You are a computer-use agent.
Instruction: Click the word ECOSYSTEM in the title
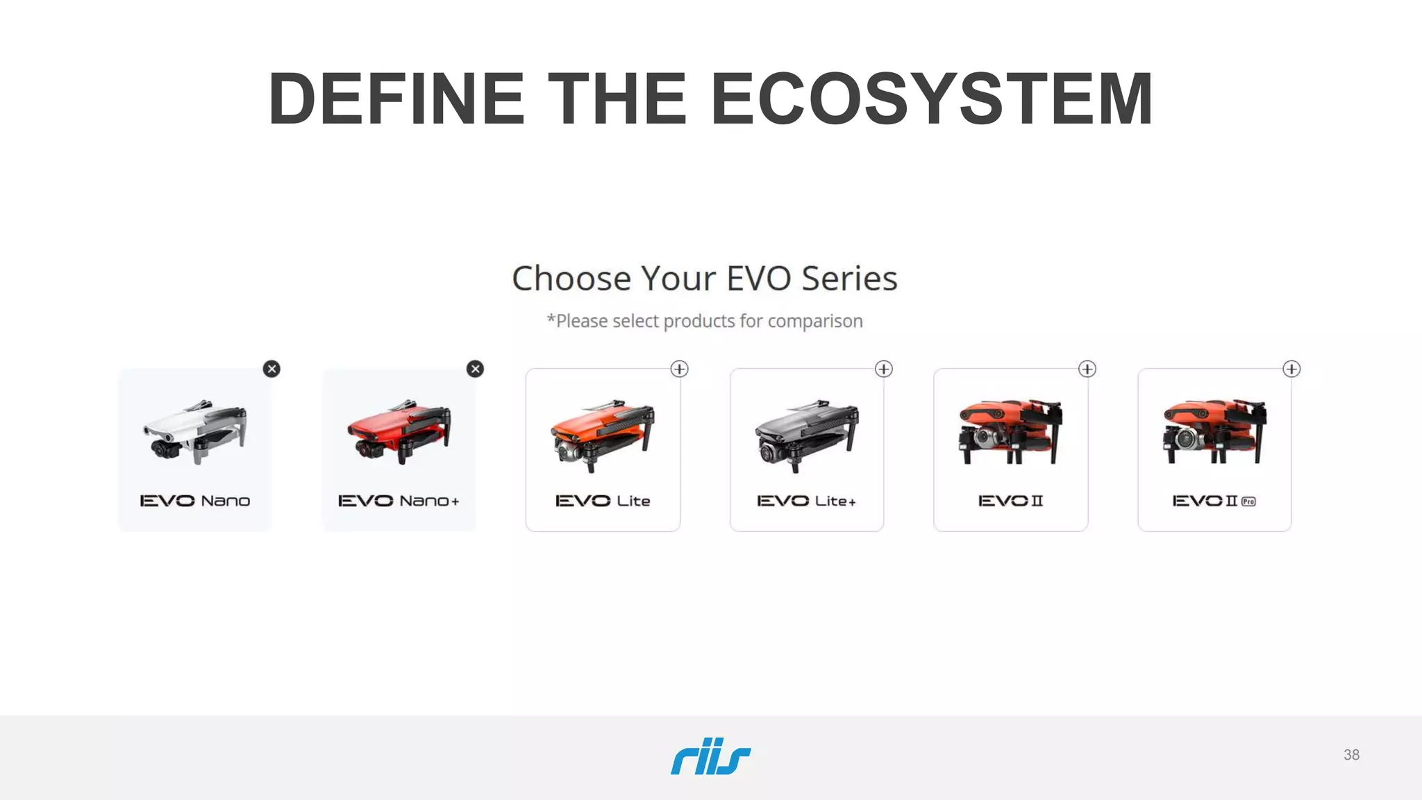(932, 99)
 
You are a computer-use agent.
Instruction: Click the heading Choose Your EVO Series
(705, 278)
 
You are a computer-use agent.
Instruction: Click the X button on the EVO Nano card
(272, 369)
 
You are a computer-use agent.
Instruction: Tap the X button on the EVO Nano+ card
(476, 369)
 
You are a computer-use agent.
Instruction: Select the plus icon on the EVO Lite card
(680, 369)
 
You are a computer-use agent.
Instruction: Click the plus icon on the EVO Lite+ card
(884, 369)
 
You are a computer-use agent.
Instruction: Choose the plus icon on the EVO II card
(1087, 369)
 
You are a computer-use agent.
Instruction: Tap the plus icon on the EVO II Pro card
(1291, 369)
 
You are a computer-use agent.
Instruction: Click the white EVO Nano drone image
(195, 431)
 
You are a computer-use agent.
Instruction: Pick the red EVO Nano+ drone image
(399, 431)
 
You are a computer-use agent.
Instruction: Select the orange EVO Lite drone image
(603, 434)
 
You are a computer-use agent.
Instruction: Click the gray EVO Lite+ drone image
(807, 434)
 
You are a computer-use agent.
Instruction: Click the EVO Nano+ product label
(399, 501)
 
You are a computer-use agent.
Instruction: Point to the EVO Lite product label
(603, 501)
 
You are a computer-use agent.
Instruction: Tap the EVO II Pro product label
(1214, 501)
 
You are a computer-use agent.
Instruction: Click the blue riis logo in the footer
(710, 756)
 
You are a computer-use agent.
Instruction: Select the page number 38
(1351, 755)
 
